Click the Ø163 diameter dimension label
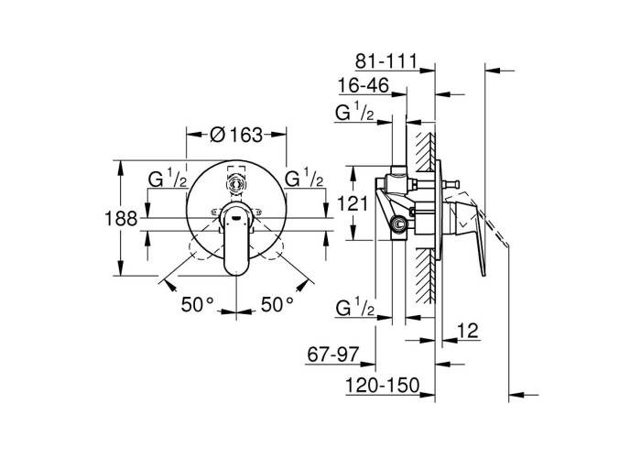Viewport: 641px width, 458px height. coord(236,134)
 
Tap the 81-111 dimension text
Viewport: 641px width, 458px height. coord(386,62)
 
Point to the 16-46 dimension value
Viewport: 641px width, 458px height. coord(363,87)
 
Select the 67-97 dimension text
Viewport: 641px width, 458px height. coord(331,353)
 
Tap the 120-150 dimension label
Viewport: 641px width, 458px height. coord(381,387)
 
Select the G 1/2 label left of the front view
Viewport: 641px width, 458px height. coord(168,180)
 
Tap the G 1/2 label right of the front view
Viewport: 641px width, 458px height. coord(304,180)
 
